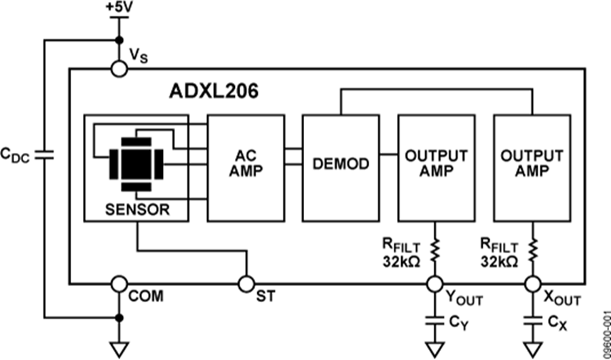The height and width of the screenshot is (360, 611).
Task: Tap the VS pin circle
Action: click(119, 68)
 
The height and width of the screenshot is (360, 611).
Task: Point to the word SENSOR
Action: click(137, 209)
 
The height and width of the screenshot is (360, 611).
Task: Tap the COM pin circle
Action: click(119, 283)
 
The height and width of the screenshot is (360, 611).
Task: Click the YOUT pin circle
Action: click(434, 283)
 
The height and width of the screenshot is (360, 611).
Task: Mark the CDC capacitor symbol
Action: click(43, 154)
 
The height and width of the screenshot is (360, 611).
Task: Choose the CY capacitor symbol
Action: click(434, 320)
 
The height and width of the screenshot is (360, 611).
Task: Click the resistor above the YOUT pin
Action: click(434, 250)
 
